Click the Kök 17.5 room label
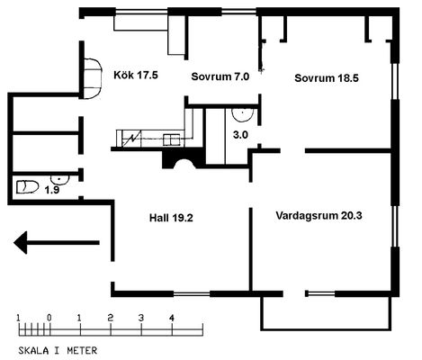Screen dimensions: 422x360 [x=136, y=75]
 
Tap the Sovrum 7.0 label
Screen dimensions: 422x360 [x=220, y=76]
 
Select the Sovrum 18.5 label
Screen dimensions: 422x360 [x=327, y=78]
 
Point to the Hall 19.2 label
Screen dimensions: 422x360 [x=171, y=218]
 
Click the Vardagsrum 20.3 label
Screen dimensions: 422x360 [x=319, y=215]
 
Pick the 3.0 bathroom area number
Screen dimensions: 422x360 [x=240, y=135]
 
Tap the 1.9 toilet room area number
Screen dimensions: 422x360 [x=52, y=190]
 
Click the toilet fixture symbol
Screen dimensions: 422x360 [x=28, y=187]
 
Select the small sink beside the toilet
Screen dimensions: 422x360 [x=59, y=179]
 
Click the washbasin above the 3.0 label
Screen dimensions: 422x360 [x=242, y=115]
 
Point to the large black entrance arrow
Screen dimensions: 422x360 [x=57, y=242]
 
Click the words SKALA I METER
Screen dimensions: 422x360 [x=58, y=350]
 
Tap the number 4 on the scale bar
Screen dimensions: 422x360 [x=172, y=318]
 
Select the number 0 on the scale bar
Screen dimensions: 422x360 [x=49, y=318]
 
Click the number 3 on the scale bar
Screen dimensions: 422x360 [x=141, y=318]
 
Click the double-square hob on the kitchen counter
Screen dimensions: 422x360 [x=172, y=139]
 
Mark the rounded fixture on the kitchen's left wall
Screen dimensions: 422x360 [x=93, y=78]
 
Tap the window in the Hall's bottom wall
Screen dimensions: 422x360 [x=192, y=293]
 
